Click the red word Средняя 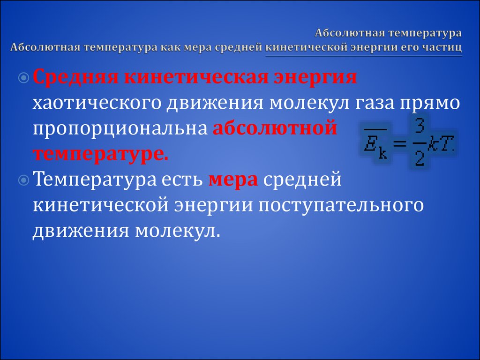[x=75, y=78]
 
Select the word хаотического [x=97, y=103]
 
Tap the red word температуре [x=100, y=154]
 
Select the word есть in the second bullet [x=182, y=180]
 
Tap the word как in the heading [x=172, y=48]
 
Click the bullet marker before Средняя [x=23, y=79]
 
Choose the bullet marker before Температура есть [x=23, y=180]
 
